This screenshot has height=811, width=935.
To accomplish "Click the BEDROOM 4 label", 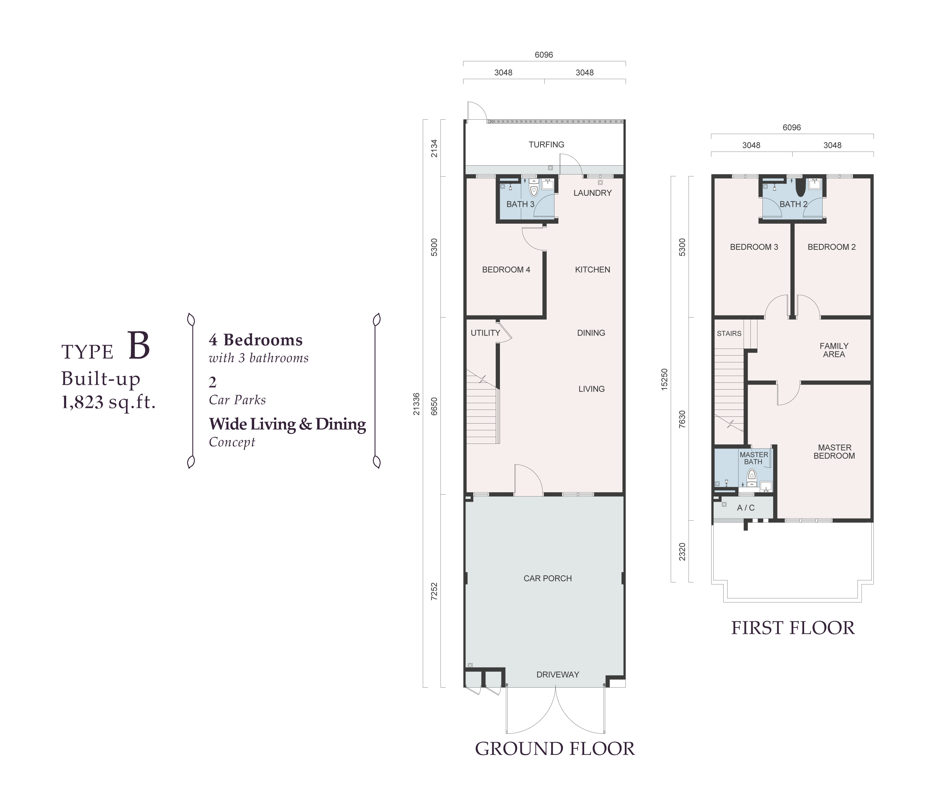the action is pos(506,270).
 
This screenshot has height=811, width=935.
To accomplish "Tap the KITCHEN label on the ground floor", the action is pos(592,270).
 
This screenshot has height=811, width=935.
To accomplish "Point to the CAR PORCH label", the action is pos(548,578).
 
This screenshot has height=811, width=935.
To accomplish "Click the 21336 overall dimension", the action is pos(416,404).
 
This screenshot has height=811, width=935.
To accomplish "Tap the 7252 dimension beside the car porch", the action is pos(434,591).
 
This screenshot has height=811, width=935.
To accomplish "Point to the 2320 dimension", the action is pos(682,552).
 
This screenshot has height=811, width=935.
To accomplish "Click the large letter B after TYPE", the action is pos(138,346).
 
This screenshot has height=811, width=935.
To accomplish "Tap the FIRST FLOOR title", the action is pos(793,628).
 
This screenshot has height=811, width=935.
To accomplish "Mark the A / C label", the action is pos(746,508).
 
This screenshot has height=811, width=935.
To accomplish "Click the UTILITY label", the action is pos(485,333).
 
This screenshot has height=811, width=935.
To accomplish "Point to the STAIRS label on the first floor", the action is pos(729,333).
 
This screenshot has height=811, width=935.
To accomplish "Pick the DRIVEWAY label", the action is pos(557,675).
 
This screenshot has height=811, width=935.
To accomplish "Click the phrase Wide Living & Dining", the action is pos(288,424).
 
